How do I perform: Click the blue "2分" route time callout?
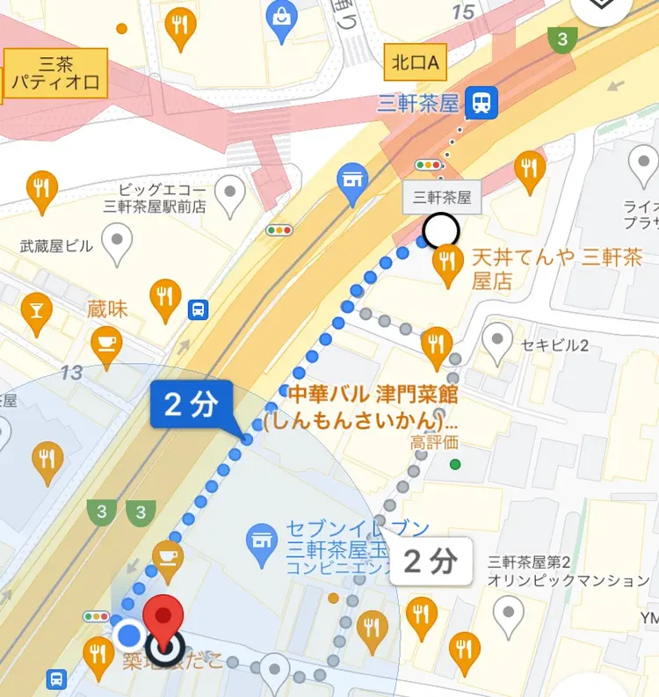click(x=191, y=404)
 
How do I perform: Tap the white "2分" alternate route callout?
click(x=431, y=561)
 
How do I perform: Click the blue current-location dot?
click(x=130, y=634)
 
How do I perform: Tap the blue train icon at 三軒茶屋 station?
click(x=482, y=104)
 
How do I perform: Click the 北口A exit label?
click(x=416, y=63)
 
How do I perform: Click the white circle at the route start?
click(x=440, y=232)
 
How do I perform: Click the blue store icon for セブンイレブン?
click(x=260, y=535)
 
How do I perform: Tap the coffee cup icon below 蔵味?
click(x=108, y=341)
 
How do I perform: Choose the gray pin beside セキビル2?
click(x=499, y=341)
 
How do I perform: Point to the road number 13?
click(x=71, y=373)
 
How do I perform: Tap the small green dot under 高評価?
click(x=454, y=464)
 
